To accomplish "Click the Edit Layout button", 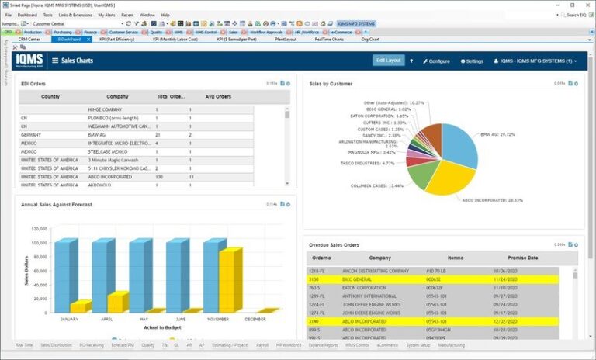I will [388, 60].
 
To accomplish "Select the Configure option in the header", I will [436, 61].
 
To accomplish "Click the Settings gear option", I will [472, 61].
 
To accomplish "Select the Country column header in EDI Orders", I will [50, 97].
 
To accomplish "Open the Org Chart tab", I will [370, 39].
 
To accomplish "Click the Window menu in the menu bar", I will [147, 15].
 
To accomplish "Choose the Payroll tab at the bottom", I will [262, 345].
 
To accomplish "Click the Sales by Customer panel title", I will [331, 83].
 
